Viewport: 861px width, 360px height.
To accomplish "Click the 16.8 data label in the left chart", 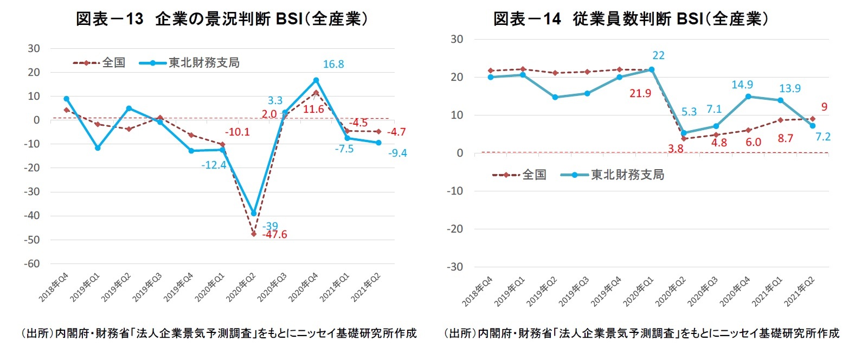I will (333, 65).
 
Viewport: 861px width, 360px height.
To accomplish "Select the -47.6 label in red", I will (275, 235).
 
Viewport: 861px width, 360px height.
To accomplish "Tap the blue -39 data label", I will (270, 226).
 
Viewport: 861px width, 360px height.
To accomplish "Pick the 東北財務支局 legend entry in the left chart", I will (203, 63).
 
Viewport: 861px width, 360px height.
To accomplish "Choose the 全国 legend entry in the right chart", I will (534, 175).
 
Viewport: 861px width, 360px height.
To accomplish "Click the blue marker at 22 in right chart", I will (652, 69).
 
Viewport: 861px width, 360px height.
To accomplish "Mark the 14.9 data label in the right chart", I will (742, 85).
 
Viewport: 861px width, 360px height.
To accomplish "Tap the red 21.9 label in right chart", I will (640, 94).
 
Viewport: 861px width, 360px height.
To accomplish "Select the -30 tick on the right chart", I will (455, 267).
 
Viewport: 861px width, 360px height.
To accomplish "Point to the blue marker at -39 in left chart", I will (253, 214).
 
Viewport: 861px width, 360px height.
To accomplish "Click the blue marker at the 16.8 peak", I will (316, 80).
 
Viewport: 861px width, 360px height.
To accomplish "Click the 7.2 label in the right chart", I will (823, 137).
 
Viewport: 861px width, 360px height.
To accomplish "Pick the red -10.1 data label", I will (237, 132).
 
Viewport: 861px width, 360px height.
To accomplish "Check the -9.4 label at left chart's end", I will (397, 153).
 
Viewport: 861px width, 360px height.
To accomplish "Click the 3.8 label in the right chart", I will (676, 149).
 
